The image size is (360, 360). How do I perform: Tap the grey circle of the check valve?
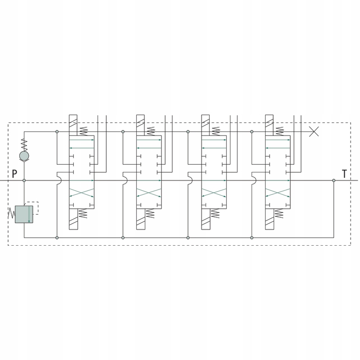click(x=24, y=156)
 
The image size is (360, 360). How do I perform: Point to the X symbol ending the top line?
click(x=315, y=131)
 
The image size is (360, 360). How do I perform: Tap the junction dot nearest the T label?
click(x=333, y=180)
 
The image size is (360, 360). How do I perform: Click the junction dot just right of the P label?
click(x=24, y=180)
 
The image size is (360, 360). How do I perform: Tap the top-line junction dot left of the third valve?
click(x=187, y=132)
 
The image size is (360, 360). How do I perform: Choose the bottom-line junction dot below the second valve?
click(x=123, y=237)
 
